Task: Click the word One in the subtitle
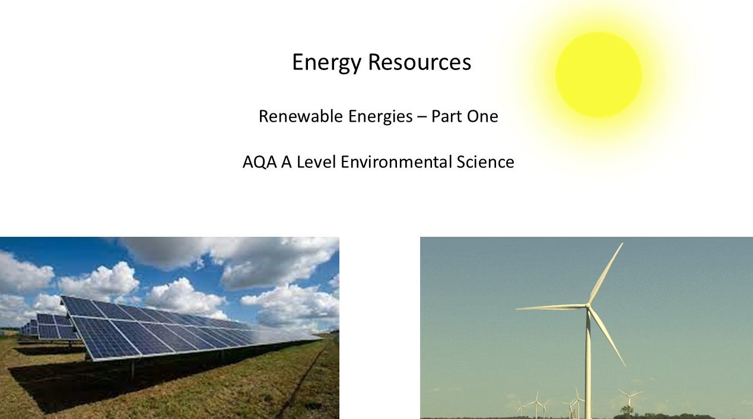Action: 482,116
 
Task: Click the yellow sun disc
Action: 598,75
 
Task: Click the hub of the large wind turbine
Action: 588,306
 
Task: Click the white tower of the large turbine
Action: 588,368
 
